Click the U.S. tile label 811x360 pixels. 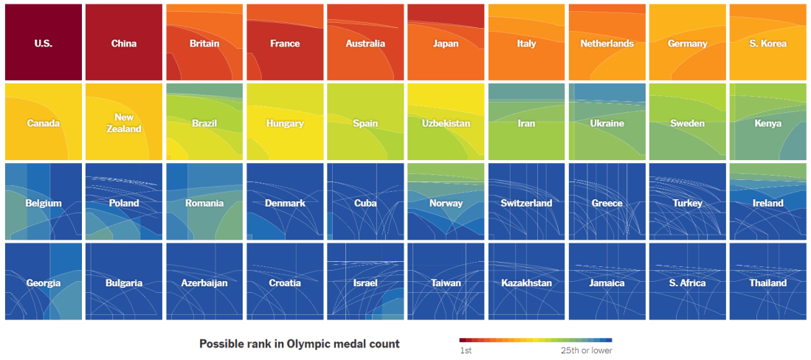[43, 44]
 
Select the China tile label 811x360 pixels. [124, 44]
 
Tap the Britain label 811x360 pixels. [204, 44]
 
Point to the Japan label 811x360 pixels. [446, 44]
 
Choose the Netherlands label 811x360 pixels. [607, 44]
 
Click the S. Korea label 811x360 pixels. [767, 44]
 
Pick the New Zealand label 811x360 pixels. [124, 123]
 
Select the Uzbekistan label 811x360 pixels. [446, 123]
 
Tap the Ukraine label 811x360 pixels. [607, 123]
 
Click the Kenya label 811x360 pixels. [767, 123]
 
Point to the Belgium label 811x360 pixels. [43, 203]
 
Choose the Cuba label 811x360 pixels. [365, 203]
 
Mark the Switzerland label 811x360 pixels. [526, 203]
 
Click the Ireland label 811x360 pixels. [767, 203]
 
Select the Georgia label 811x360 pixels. [43, 283]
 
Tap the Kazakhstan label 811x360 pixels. [526, 283]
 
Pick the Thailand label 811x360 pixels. [767, 283]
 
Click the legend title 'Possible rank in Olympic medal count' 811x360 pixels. [299, 344]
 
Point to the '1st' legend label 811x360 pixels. [466, 350]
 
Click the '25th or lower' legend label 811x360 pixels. [586, 350]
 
